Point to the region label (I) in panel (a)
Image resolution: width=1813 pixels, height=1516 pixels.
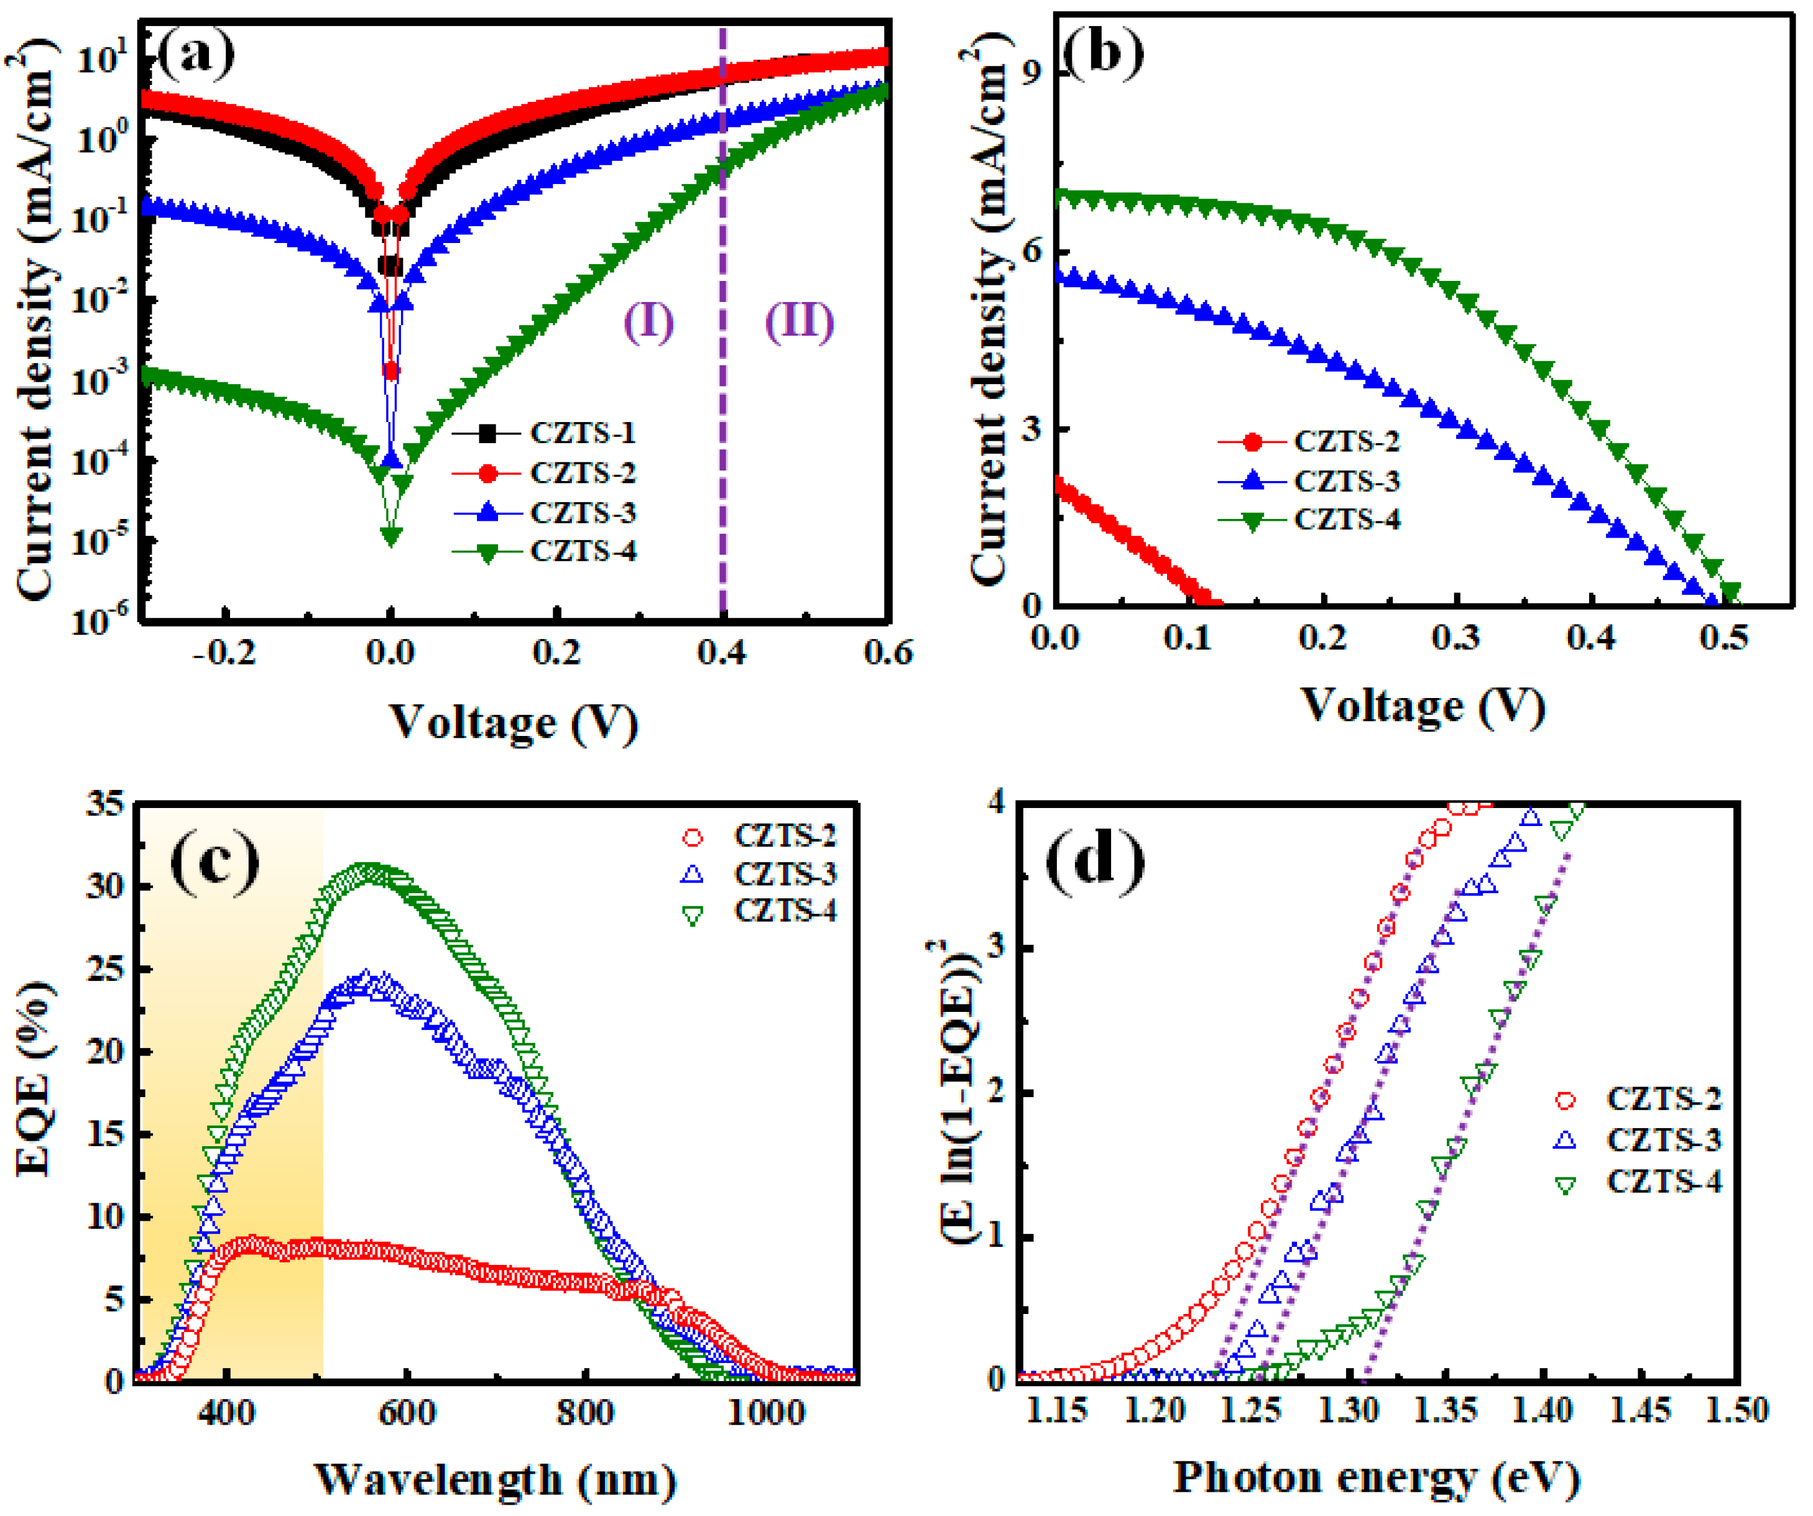coord(648,322)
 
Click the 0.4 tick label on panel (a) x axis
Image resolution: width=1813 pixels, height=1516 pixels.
coord(722,653)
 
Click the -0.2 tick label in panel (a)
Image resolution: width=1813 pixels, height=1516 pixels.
coord(224,653)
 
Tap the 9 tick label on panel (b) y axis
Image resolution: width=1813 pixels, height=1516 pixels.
coord(1031,73)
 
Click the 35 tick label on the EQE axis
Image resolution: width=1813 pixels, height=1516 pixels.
coord(106,805)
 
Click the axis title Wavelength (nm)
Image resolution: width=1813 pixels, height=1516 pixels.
coord(495,1479)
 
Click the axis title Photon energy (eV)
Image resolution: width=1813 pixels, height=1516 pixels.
coord(1376,1477)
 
